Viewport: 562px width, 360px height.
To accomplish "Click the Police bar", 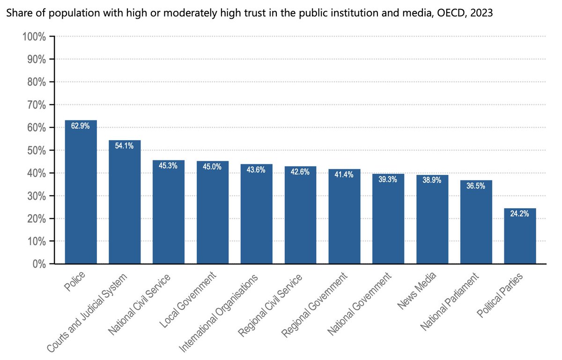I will coord(81,192).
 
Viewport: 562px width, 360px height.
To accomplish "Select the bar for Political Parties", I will coord(520,236).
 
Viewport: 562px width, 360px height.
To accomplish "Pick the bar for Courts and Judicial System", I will coord(125,202).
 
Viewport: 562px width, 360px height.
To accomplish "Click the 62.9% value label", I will coord(81,126).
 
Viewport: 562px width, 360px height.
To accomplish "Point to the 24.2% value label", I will coord(520,214).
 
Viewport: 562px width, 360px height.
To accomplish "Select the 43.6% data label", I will coord(256,170).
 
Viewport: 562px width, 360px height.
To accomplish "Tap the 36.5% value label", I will coord(476,186).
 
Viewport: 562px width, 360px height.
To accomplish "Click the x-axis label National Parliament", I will coord(450,302).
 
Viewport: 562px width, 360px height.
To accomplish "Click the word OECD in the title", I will coord(449,14).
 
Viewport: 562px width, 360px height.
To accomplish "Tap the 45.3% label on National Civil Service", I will coord(169,165).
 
